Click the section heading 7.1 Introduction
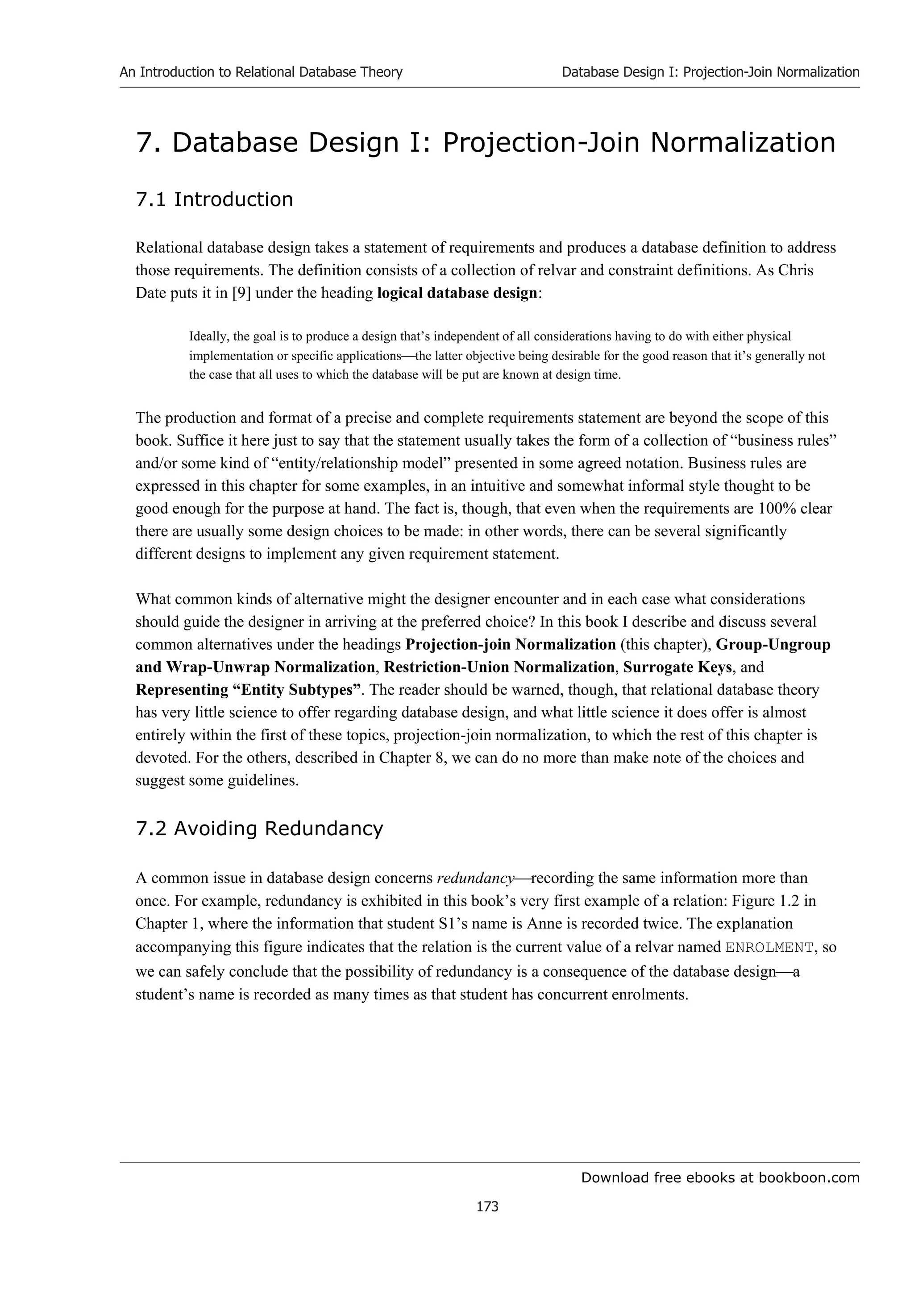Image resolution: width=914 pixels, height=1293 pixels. pos(214,199)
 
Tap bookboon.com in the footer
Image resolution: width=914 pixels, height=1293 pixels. pos(809,1177)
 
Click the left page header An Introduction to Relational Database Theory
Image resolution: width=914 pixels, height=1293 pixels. pos(261,72)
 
